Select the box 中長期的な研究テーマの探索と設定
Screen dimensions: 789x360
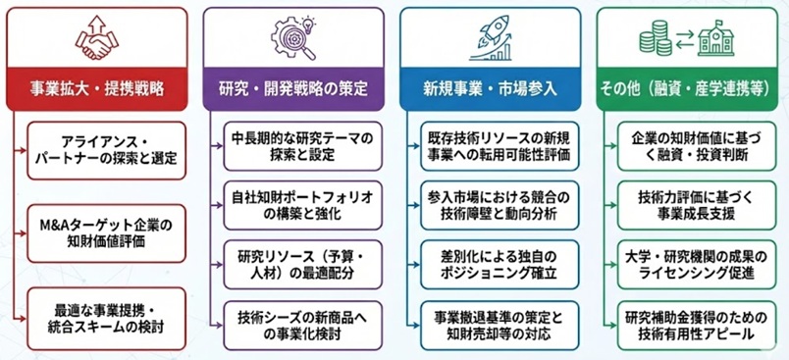click(x=298, y=146)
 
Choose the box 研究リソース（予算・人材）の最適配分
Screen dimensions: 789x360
click(x=298, y=259)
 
